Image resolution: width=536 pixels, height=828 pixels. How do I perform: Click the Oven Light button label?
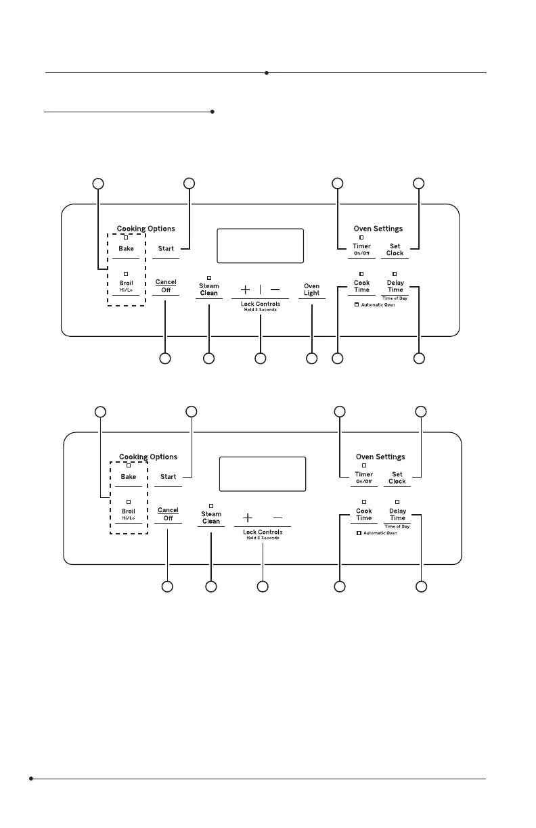click(x=311, y=290)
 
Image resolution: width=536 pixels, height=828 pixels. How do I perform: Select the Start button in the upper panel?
click(x=166, y=249)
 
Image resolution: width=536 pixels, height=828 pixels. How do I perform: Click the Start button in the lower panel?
click(x=169, y=477)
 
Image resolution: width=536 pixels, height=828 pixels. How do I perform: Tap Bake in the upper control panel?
click(x=127, y=249)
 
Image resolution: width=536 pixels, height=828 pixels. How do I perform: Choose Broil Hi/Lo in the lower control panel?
click(x=129, y=513)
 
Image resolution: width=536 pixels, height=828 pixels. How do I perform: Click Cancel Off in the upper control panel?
click(x=166, y=285)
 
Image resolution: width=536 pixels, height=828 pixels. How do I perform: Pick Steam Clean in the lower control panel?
click(x=211, y=517)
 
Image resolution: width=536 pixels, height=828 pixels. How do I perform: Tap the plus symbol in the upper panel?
click(x=245, y=290)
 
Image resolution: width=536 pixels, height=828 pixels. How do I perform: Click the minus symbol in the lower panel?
click(x=278, y=517)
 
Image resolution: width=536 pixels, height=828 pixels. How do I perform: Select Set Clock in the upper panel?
click(x=395, y=250)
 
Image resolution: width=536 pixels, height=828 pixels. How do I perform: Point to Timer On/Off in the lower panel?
click(x=363, y=478)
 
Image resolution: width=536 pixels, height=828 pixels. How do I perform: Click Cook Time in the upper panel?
click(x=362, y=286)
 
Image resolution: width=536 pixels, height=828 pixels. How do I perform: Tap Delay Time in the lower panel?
click(x=397, y=514)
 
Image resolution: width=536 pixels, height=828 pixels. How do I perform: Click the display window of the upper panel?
click(x=260, y=246)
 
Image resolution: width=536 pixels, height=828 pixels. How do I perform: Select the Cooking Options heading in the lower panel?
click(x=148, y=457)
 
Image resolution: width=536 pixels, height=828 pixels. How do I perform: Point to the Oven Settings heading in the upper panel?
click(x=378, y=229)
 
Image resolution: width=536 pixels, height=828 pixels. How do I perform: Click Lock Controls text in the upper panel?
click(x=261, y=304)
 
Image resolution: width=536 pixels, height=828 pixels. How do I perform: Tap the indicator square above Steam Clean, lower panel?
click(x=211, y=505)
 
